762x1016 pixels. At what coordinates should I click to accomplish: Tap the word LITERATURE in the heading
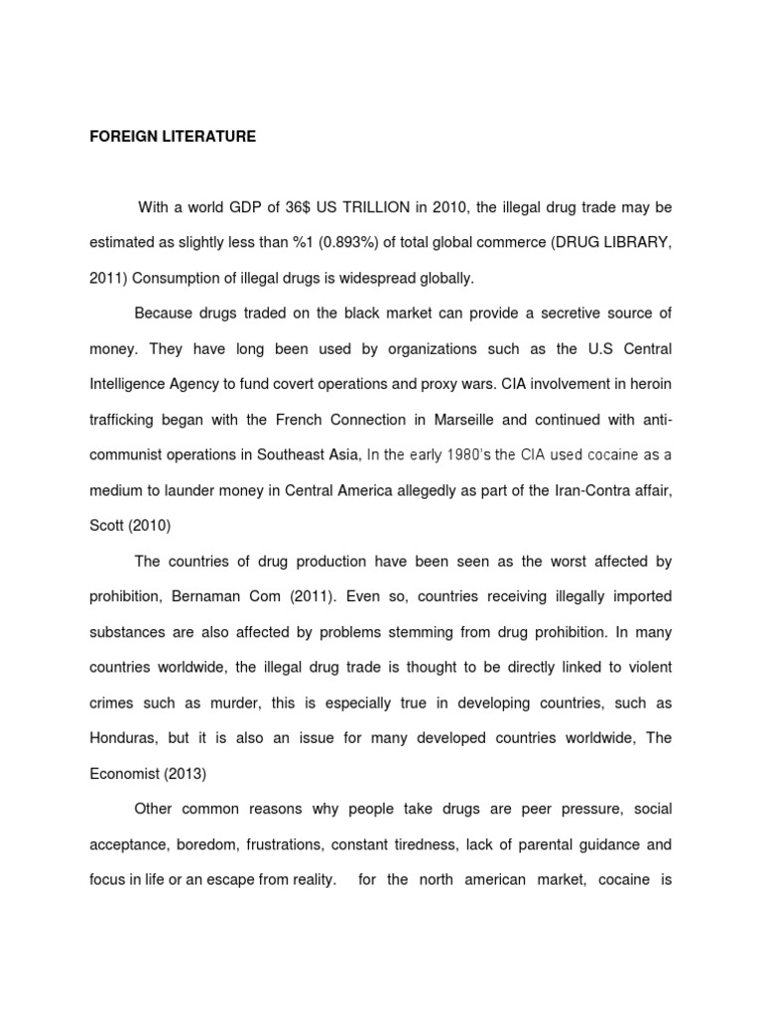point(207,137)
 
